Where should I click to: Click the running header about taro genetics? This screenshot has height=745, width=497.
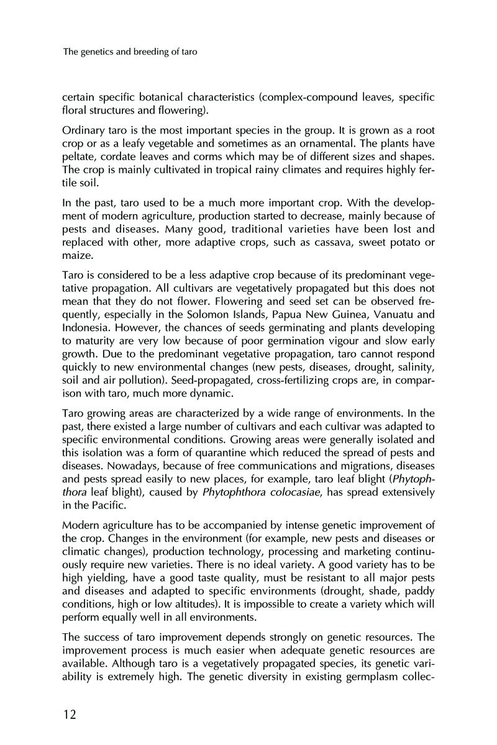pyautogui.click(x=130, y=52)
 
